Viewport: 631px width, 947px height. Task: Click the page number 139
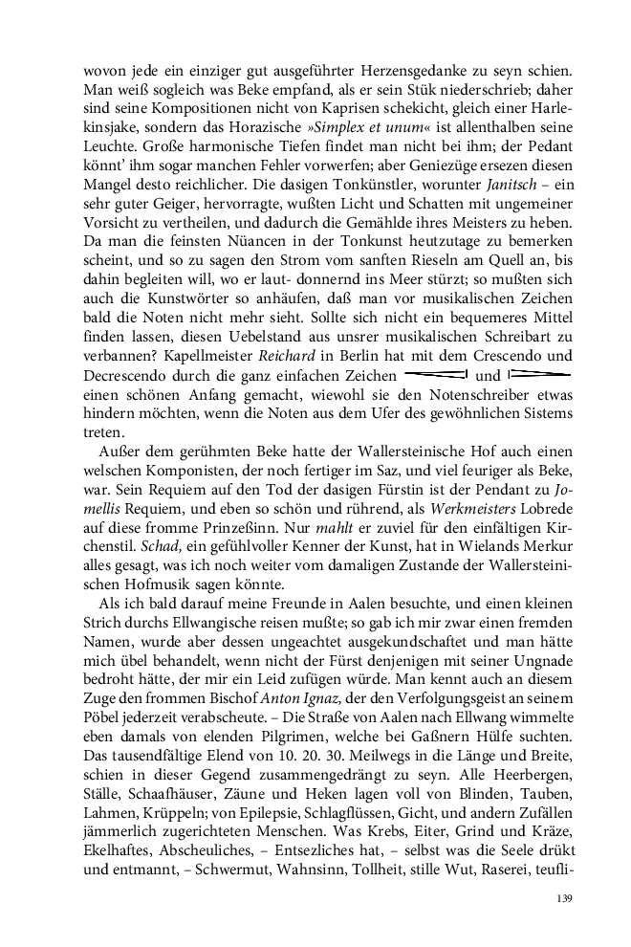point(562,898)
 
